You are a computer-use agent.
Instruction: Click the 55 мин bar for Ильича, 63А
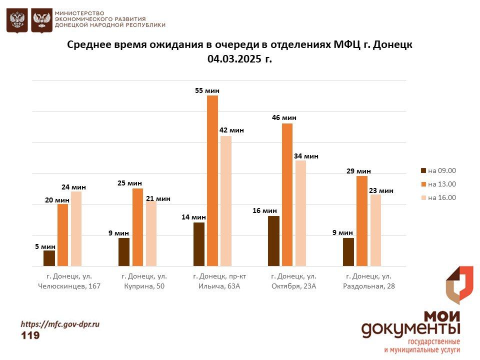click(212, 180)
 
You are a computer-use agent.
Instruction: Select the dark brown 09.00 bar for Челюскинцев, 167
click(49, 258)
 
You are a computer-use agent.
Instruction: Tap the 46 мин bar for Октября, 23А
click(287, 194)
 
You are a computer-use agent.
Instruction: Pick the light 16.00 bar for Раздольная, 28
click(375, 230)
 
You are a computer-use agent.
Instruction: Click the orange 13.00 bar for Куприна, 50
click(137, 227)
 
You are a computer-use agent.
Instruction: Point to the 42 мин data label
click(231, 130)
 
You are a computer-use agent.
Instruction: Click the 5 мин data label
click(45, 246)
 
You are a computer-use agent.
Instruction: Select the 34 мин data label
click(306, 156)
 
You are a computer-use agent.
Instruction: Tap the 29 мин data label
click(358, 171)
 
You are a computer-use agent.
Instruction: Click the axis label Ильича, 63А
click(219, 286)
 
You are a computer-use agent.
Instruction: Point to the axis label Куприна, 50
click(144, 286)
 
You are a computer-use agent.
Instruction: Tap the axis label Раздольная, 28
click(368, 286)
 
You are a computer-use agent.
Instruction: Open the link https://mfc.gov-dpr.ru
click(60, 324)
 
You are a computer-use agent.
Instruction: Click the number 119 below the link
click(30, 335)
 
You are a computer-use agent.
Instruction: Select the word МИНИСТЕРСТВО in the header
click(79, 12)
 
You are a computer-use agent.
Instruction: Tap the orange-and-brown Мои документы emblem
click(459, 285)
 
